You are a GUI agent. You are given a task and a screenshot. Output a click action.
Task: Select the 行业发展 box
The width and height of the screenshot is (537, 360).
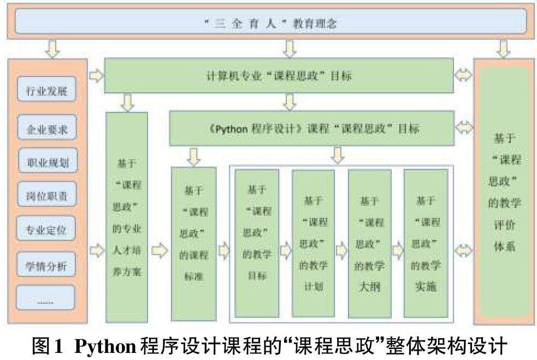[47, 90]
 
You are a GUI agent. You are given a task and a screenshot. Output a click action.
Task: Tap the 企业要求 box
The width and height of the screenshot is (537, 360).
[47, 129]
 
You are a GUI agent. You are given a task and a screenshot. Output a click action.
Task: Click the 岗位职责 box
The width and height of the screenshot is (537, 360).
[47, 196]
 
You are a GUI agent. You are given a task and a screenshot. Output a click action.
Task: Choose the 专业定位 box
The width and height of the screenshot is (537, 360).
[47, 229]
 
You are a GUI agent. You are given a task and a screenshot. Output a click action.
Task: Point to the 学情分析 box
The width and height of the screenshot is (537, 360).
[47, 266]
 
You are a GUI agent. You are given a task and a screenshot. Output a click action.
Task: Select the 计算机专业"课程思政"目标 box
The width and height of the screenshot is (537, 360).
[279, 76]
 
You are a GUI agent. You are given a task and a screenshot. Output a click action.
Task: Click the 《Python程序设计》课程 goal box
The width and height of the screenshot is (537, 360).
[311, 128]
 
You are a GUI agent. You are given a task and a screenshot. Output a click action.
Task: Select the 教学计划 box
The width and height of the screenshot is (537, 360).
[313, 243]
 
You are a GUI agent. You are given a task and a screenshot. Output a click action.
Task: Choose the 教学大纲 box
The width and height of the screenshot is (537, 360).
[370, 243]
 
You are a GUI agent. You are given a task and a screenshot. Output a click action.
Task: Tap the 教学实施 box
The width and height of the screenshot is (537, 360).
[426, 243]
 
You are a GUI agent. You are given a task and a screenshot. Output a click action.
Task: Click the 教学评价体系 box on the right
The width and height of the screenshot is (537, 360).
[504, 191]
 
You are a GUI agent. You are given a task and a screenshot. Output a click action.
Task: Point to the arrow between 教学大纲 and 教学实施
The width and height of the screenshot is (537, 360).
[398, 250]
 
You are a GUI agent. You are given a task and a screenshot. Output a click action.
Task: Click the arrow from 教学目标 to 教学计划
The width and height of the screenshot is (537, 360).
[285, 250]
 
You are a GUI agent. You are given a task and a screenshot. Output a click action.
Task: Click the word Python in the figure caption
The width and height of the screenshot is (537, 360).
[105, 346]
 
